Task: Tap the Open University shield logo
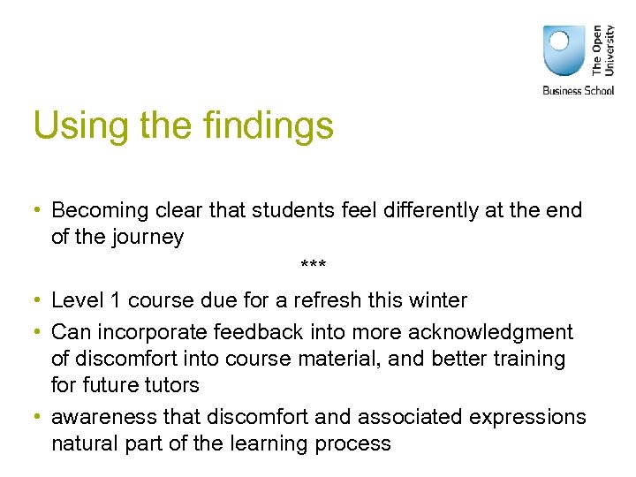click(x=564, y=50)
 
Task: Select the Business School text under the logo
click(x=578, y=90)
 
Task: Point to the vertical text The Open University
click(x=602, y=49)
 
